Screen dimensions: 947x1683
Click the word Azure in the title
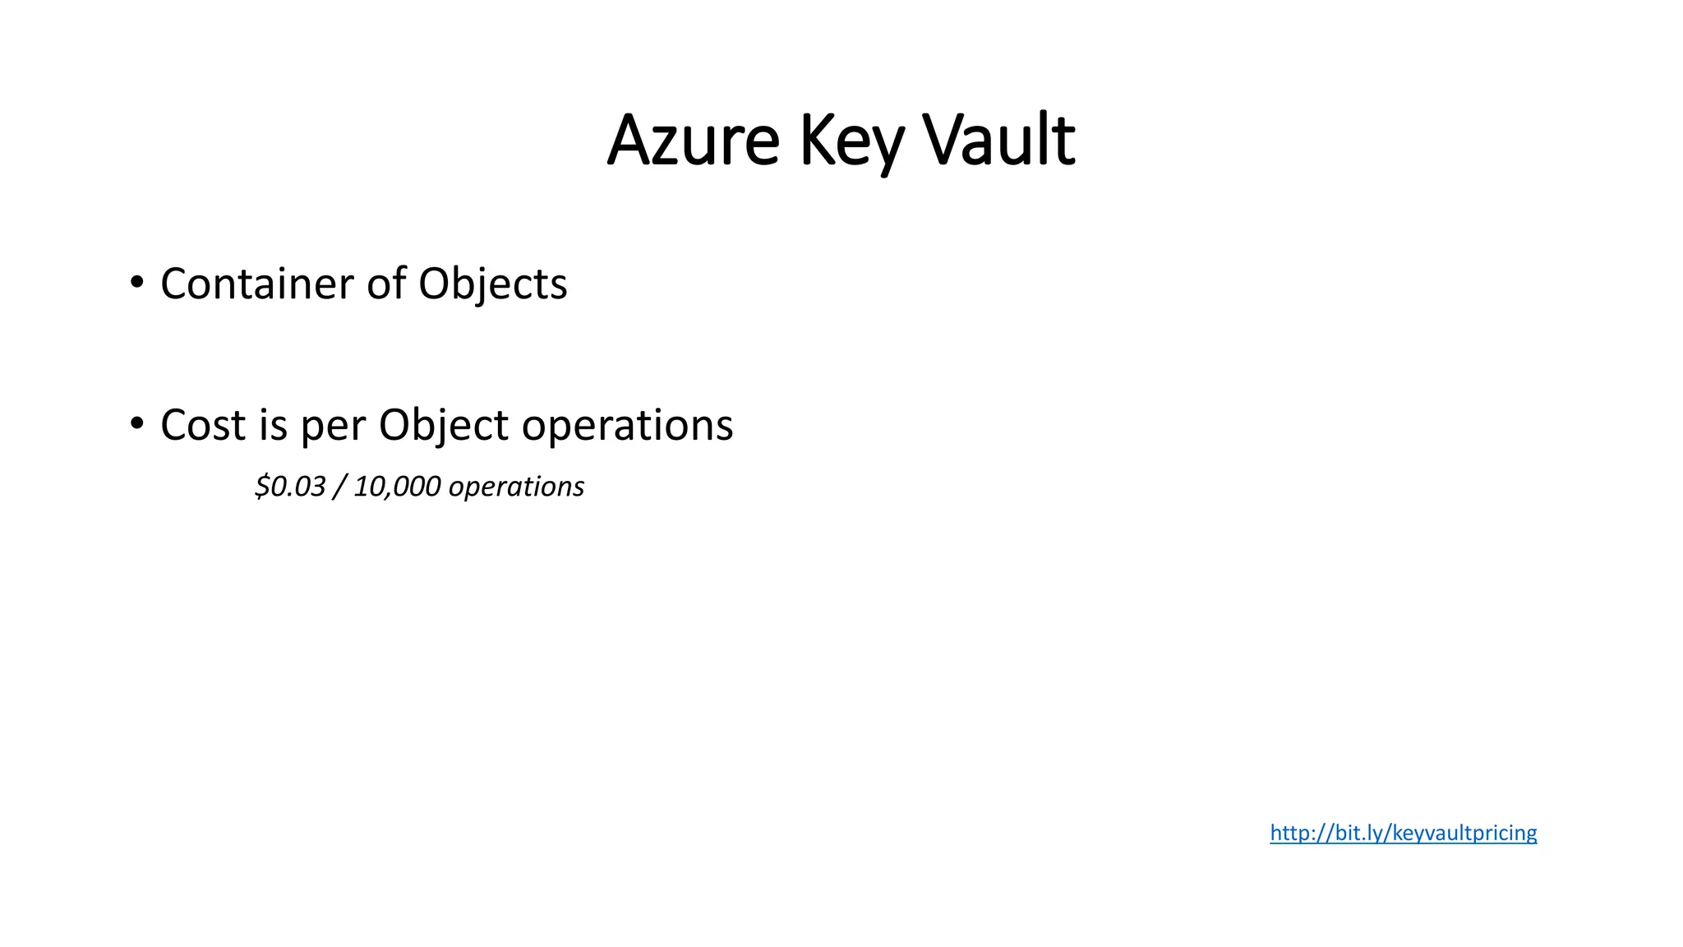(x=693, y=141)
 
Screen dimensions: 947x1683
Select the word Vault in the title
(x=998, y=141)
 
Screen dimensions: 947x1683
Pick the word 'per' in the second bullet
(x=332, y=427)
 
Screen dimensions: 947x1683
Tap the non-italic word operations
(x=627, y=427)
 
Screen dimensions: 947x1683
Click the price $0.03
(x=291, y=487)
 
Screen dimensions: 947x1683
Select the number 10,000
(x=397, y=487)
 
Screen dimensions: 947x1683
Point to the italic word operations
(x=516, y=487)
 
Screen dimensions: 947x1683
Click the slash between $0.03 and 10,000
(x=339, y=487)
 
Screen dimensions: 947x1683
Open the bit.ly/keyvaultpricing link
(x=1403, y=833)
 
